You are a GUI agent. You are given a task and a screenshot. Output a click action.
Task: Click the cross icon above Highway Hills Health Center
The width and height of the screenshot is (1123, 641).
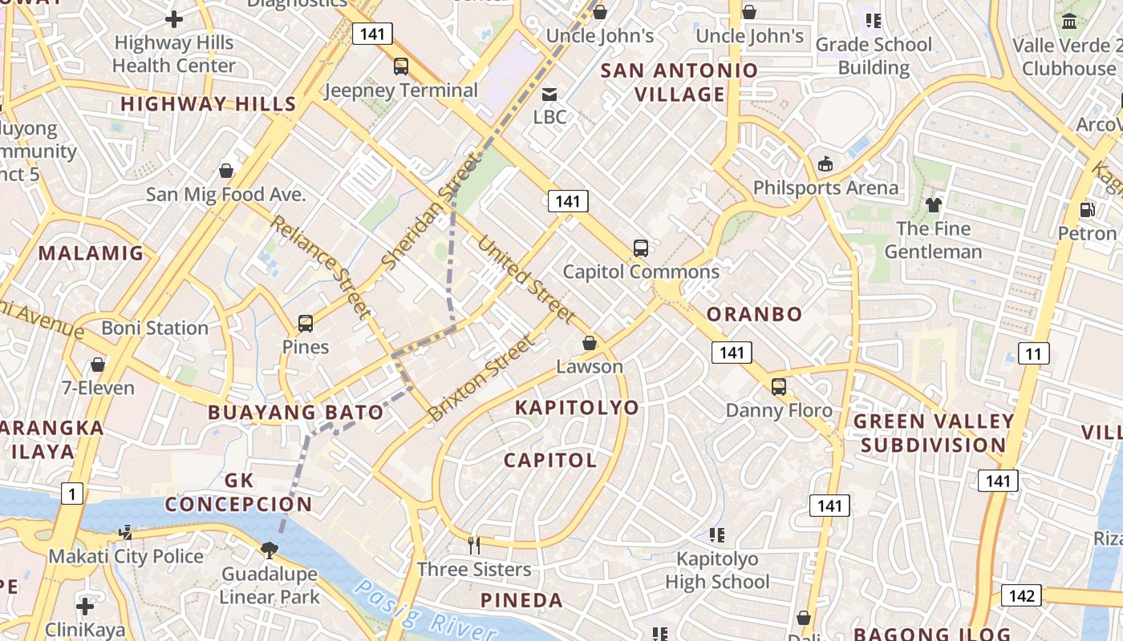[174, 19]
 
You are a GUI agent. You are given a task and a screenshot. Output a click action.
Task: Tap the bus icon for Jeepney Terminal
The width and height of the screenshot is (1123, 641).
[401, 67]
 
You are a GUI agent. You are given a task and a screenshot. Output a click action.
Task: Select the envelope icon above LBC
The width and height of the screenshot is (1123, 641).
[549, 95]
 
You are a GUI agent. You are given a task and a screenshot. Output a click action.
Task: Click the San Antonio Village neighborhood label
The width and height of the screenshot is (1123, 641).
[679, 83]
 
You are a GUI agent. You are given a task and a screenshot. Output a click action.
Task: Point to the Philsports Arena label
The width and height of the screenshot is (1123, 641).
[825, 187]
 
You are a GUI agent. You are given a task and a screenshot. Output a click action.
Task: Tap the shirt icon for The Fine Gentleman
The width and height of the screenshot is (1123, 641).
[933, 205]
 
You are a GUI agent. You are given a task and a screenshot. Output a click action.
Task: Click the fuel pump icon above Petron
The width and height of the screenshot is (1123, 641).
[1088, 210]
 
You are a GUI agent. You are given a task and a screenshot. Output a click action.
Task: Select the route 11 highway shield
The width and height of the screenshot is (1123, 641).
[1034, 353]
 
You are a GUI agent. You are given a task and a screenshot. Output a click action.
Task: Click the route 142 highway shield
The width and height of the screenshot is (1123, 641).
[1021, 595]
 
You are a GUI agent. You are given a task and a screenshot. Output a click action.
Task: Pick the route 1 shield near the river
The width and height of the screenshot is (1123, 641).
[72, 494]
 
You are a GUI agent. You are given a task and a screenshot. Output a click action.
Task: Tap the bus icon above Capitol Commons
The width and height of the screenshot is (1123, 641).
[640, 248]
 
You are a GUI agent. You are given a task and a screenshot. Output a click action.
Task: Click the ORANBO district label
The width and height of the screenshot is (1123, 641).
[754, 314]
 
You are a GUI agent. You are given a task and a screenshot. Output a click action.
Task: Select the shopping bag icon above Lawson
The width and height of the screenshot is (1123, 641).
[590, 343]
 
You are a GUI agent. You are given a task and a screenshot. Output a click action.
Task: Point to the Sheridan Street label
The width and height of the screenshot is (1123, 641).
[432, 212]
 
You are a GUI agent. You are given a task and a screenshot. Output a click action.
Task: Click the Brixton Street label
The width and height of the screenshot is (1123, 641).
[480, 379]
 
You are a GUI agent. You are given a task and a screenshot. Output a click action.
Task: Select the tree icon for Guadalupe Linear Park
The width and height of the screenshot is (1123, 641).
[270, 550]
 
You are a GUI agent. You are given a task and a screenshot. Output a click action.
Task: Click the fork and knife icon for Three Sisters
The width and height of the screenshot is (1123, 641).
[474, 546]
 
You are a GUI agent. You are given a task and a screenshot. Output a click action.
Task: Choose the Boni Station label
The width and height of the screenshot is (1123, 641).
[155, 328]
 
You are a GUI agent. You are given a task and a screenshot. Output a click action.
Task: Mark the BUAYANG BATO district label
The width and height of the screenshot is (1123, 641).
[296, 413]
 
